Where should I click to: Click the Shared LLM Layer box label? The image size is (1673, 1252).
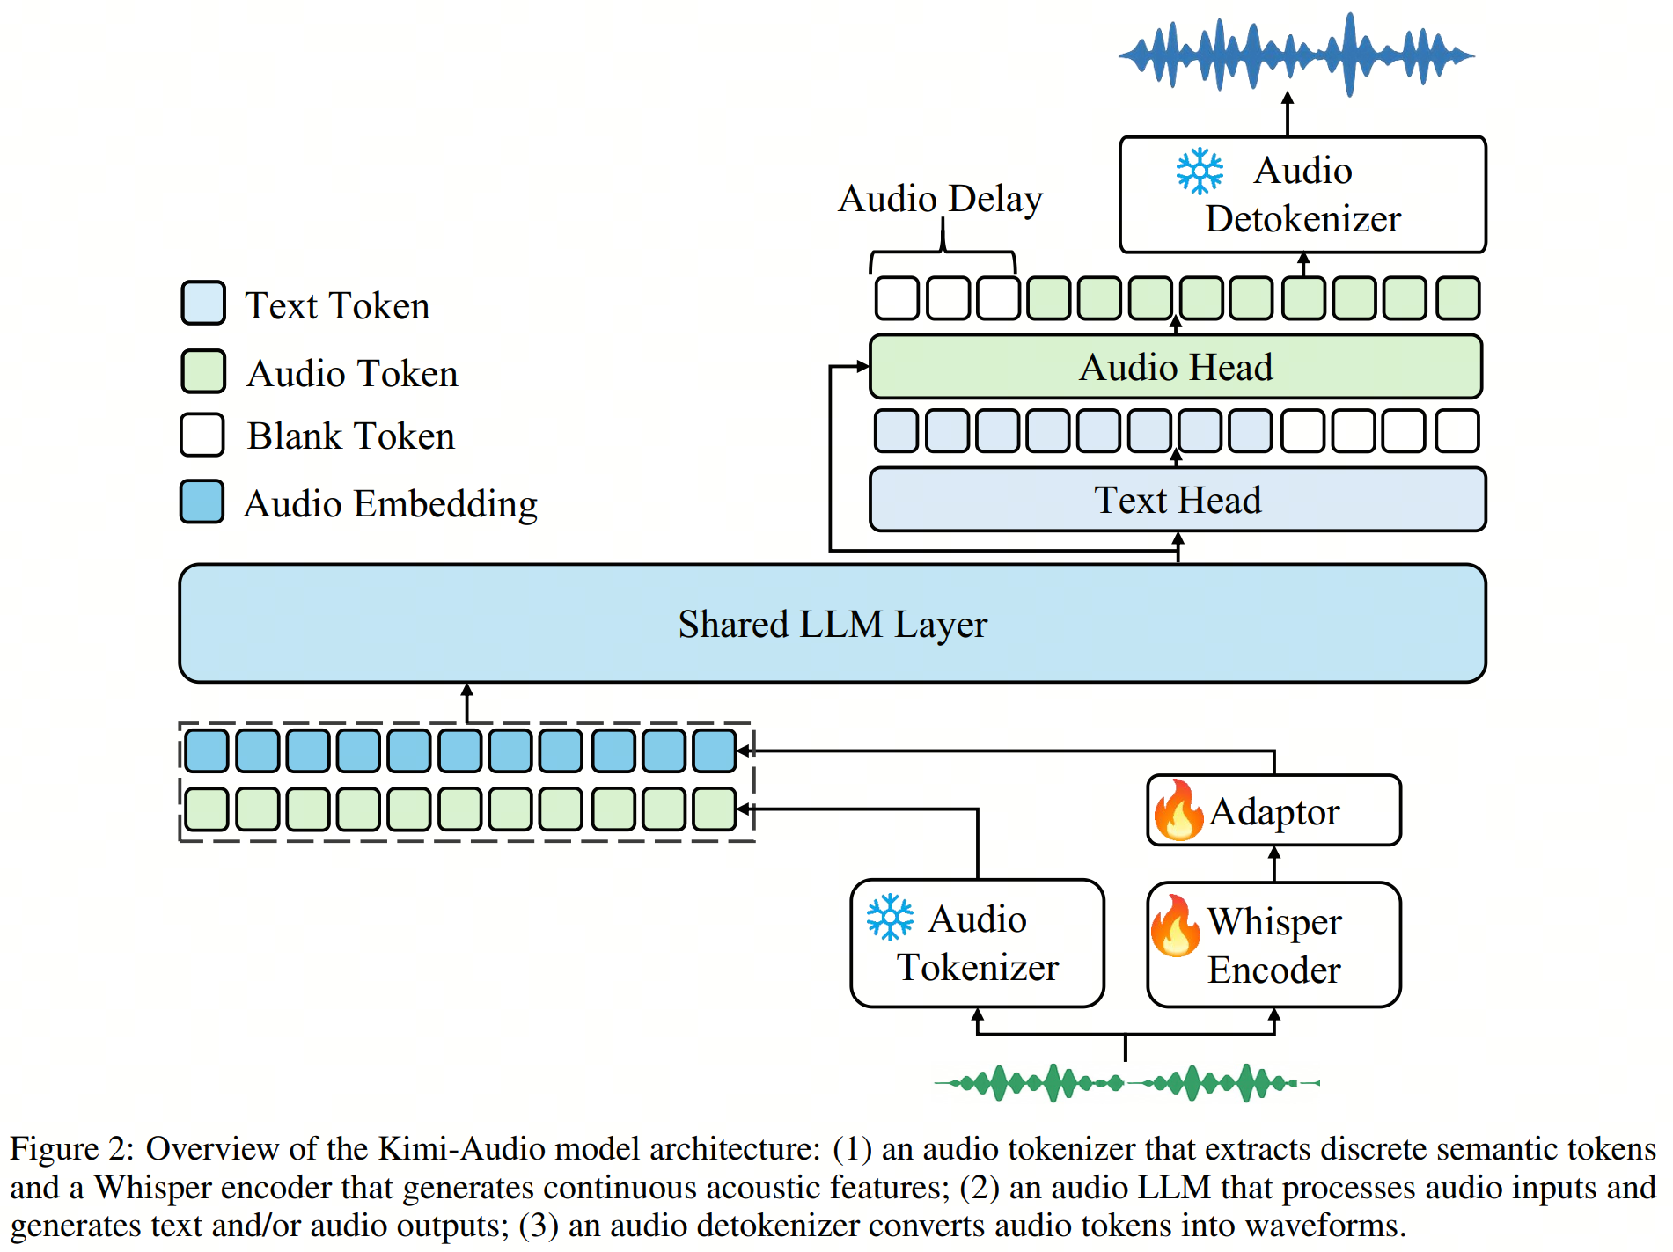pyautogui.click(x=832, y=624)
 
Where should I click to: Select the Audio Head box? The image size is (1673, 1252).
pyautogui.click(x=1175, y=367)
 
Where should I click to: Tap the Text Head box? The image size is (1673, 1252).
pyautogui.click(x=1177, y=500)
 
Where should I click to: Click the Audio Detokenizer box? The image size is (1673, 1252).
pyautogui.click(x=1302, y=194)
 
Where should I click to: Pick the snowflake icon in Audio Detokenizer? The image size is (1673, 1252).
pyautogui.click(x=1200, y=171)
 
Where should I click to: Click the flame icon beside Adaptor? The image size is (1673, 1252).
pyautogui.click(x=1178, y=810)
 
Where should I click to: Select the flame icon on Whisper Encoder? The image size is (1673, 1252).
pyautogui.click(x=1175, y=926)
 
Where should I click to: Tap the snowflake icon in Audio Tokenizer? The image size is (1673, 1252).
pyautogui.click(x=890, y=918)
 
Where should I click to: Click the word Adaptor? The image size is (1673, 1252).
pyautogui.click(x=1273, y=811)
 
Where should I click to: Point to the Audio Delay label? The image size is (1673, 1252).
pyautogui.click(x=940, y=198)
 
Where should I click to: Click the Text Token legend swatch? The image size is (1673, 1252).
pyautogui.click(x=203, y=304)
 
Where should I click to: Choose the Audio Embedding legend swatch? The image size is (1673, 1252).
pyautogui.click(x=202, y=502)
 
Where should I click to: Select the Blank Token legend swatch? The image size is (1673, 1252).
pyautogui.click(x=202, y=435)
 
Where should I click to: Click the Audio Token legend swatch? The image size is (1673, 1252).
pyautogui.click(x=203, y=371)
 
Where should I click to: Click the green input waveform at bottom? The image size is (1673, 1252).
pyautogui.click(x=1126, y=1082)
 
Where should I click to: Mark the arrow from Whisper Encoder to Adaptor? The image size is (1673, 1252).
pyautogui.click(x=1273, y=864)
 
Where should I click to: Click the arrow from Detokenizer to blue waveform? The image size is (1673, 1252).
pyautogui.click(x=1288, y=113)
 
